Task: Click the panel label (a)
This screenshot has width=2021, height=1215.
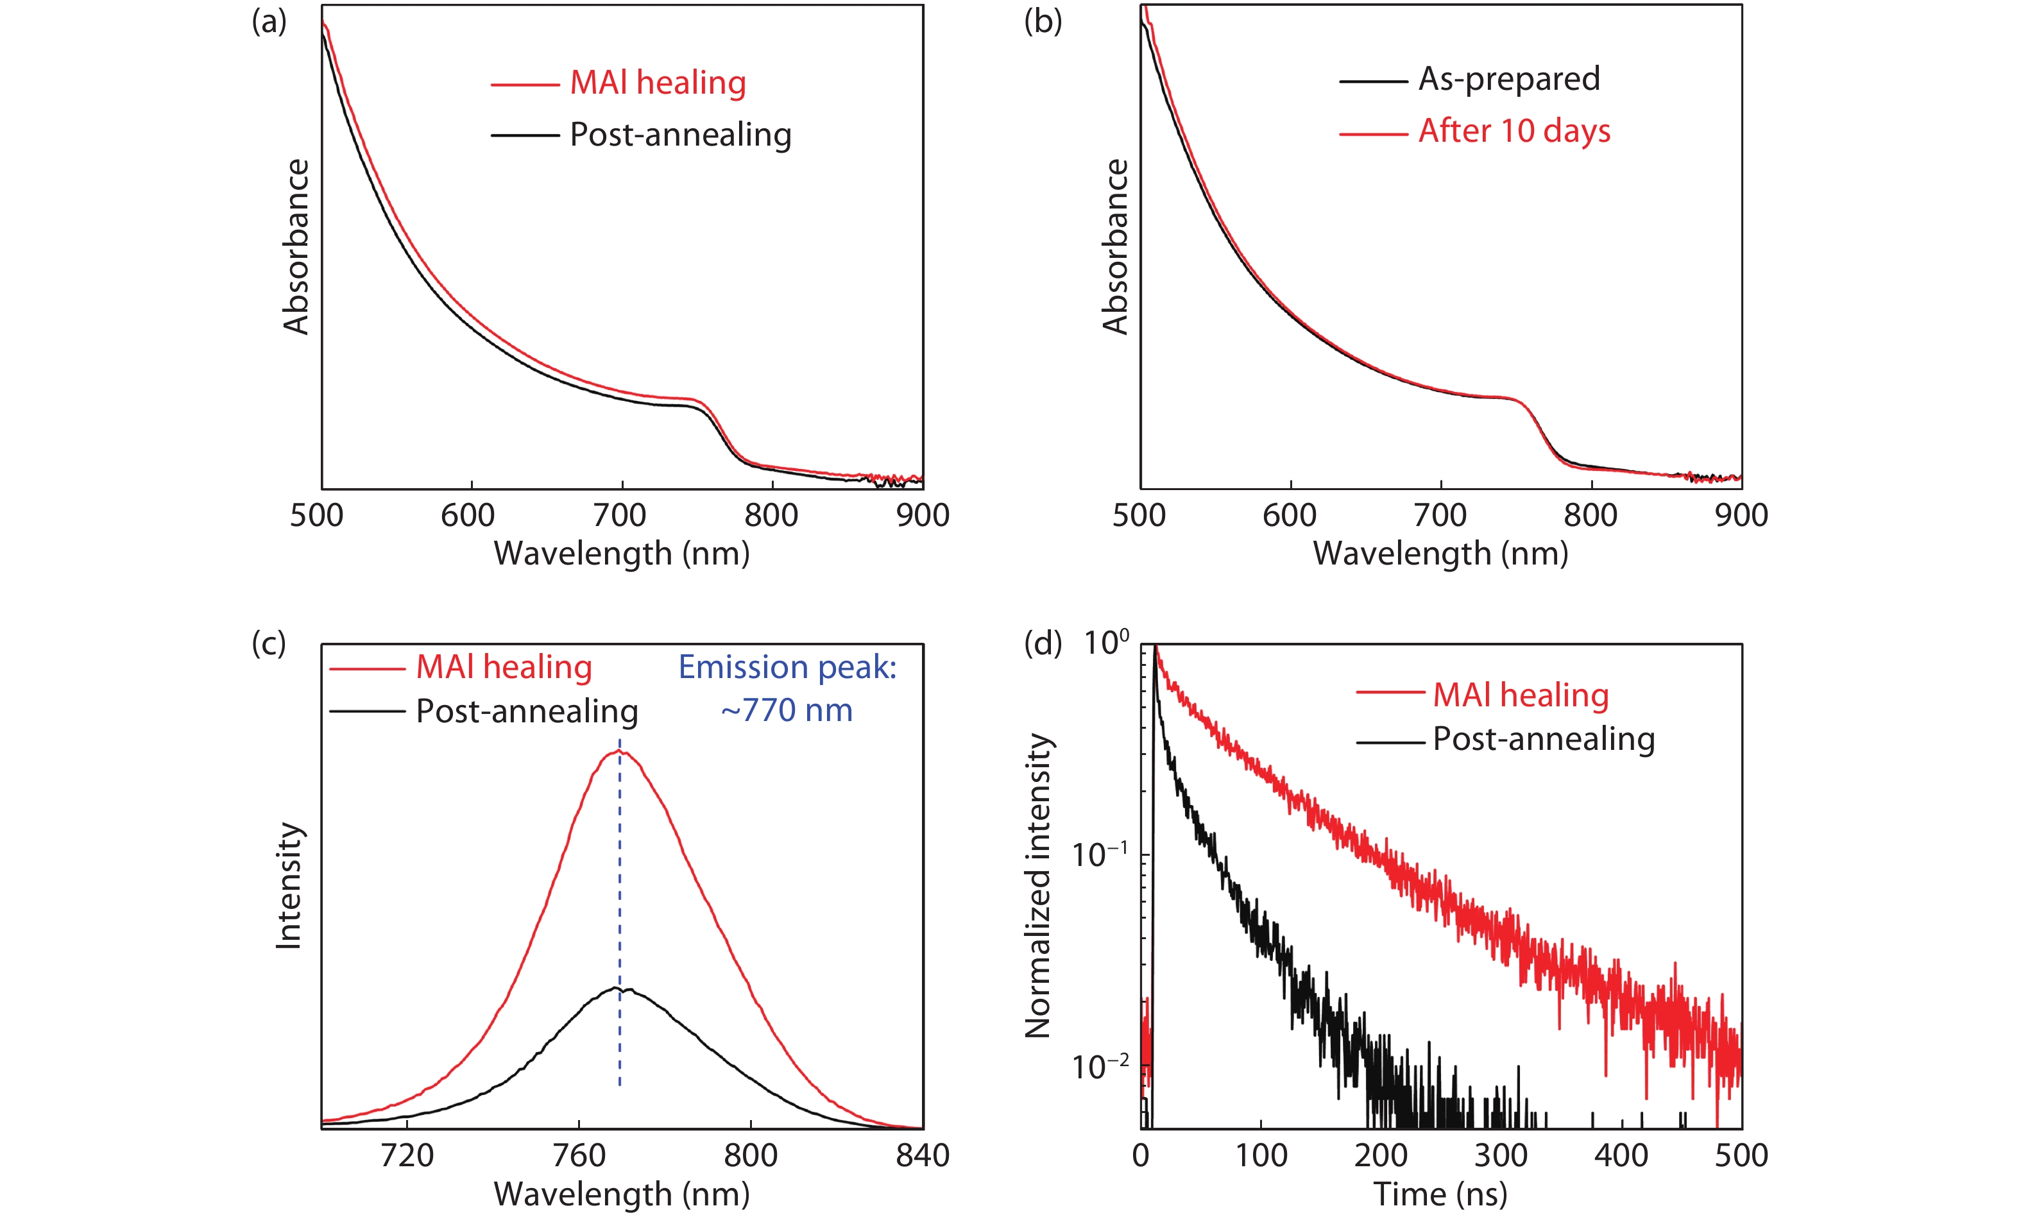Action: tap(269, 22)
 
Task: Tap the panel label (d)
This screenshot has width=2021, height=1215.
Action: tap(1043, 643)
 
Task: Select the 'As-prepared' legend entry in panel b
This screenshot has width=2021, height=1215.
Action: tap(1508, 80)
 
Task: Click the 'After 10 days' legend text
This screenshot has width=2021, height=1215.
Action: tap(1514, 132)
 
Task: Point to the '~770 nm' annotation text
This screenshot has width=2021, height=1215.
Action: tap(786, 711)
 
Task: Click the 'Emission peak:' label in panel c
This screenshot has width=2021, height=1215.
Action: tap(787, 667)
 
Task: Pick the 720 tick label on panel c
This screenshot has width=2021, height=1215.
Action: tap(407, 1155)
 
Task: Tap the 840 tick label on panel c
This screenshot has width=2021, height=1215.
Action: tap(922, 1155)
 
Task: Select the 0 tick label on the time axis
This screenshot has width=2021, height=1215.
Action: tap(1141, 1155)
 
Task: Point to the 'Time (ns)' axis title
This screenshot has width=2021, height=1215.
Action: tap(1440, 1194)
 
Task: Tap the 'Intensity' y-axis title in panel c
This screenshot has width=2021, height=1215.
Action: tap(288, 886)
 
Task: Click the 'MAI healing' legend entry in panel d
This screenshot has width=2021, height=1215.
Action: tap(1521, 695)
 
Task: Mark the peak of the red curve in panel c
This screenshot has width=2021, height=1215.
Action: tap(619, 750)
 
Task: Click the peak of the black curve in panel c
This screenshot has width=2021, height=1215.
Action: tap(616, 988)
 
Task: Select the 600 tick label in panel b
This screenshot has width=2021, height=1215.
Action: tap(1290, 515)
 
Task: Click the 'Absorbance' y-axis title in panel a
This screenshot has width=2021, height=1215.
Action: tap(296, 246)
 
